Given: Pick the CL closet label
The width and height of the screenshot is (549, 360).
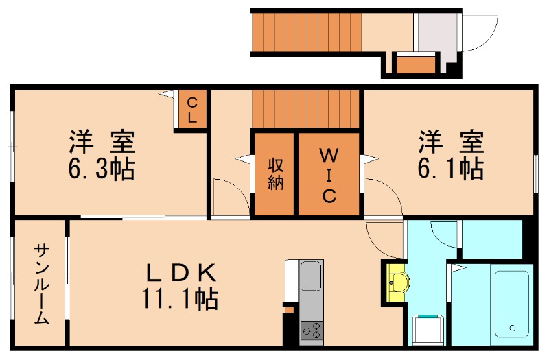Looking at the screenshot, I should [x=193, y=110].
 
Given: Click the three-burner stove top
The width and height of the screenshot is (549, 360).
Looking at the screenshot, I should [x=312, y=331].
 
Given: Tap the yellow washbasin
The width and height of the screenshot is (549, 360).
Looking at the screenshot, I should [x=397, y=281].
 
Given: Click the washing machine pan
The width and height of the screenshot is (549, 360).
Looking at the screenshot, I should [x=428, y=329].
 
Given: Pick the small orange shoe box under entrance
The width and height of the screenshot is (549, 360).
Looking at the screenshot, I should [x=417, y=65].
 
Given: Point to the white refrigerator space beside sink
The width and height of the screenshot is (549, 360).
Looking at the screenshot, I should [x=292, y=281].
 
